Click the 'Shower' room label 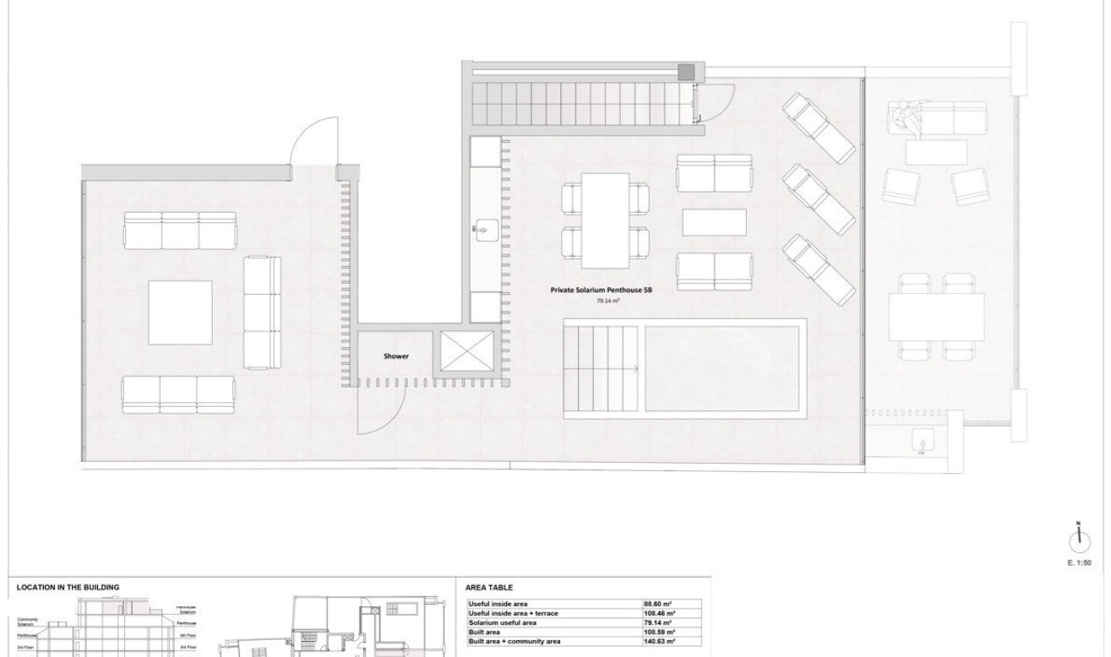[x=396, y=356]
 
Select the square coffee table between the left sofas [x=180, y=312]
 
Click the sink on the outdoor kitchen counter [x=485, y=228]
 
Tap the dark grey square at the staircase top [x=687, y=72]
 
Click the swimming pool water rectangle [x=722, y=368]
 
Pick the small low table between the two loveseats [x=714, y=222]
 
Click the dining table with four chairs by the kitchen [x=606, y=217]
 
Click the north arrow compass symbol [x=1078, y=538]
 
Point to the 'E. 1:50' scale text [x=1080, y=562]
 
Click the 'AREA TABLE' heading [x=489, y=588]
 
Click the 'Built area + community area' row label [x=515, y=642]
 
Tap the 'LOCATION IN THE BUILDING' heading [x=68, y=588]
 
